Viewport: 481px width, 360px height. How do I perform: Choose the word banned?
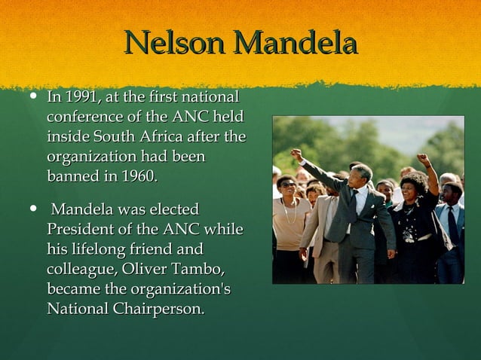pos(72,176)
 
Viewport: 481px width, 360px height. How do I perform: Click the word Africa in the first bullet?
pos(176,137)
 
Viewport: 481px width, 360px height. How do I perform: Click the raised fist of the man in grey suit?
pos(296,154)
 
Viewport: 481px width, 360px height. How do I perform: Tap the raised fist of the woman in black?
pos(424,160)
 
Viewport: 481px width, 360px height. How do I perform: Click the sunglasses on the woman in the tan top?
pos(287,185)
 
